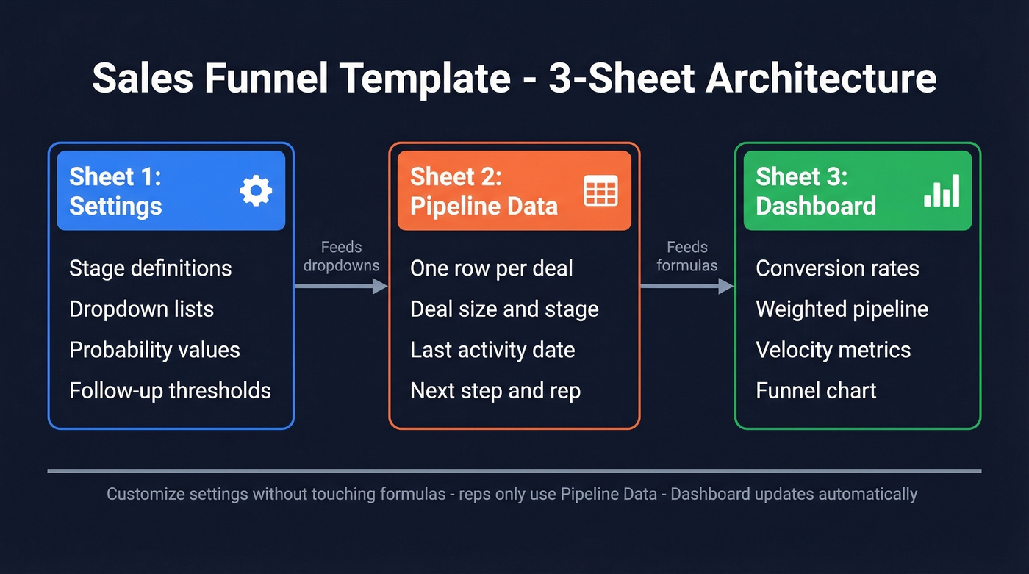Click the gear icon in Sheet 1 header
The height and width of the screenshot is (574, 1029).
point(256,191)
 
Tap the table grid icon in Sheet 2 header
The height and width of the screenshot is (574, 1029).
point(600,191)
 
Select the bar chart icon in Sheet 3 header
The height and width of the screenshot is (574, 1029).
point(942,191)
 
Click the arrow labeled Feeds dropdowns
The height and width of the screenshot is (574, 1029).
point(341,286)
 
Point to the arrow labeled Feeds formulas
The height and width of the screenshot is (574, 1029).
point(686,286)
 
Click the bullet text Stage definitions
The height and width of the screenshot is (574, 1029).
point(150,268)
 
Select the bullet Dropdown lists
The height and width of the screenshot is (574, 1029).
point(141,309)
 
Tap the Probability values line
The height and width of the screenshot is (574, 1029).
point(154,350)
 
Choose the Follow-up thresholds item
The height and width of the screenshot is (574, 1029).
point(170,390)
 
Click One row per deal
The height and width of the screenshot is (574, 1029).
point(491,268)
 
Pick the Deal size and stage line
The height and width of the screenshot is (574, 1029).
point(504,309)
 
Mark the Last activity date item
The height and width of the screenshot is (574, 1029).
point(492,350)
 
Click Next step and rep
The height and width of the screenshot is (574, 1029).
point(495,390)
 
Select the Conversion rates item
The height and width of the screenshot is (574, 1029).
point(837,268)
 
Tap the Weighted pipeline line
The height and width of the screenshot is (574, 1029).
point(842,309)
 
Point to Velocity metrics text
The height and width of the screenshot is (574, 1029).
point(833,350)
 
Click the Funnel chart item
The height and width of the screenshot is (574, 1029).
point(816,390)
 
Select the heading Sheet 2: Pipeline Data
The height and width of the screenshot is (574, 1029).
point(484,191)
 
